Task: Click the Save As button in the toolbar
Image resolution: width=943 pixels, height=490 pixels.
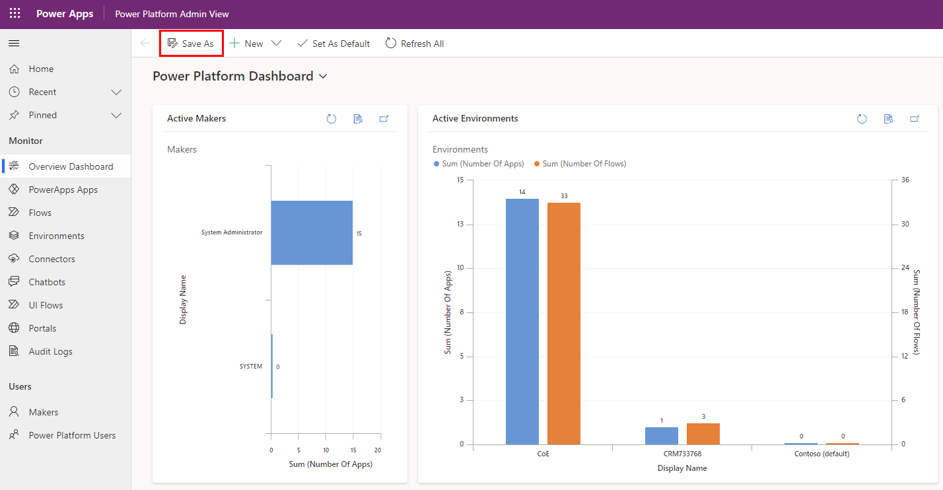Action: click(x=191, y=44)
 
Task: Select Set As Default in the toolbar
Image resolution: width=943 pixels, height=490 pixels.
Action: click(x=333, y=44)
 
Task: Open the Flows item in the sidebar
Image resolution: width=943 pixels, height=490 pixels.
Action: click(x=40, y=213)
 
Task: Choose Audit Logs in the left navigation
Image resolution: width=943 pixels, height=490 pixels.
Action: click(x=50, y=351)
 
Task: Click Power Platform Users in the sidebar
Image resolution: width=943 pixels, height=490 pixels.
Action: click(x=72, y=435)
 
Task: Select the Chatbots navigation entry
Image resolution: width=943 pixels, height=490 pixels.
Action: click(x=46, y=282)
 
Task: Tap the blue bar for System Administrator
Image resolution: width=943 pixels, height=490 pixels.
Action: click(x=312, y=232)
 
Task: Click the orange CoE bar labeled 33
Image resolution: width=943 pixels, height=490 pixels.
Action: click(x=563, y=323)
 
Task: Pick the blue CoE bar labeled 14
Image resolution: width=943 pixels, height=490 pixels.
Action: click(x=522, y=321)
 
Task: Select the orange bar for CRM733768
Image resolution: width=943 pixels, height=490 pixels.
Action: click(x=703, y=434)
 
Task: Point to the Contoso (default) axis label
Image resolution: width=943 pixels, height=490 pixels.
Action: click(x=821, y=454)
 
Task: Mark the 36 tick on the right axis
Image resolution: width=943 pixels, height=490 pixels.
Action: click(x=905, y=180)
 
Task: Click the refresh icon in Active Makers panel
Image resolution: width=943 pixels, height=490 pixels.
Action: click(x=332, y=119)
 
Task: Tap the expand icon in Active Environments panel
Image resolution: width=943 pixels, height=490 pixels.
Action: click(x=915, y=119)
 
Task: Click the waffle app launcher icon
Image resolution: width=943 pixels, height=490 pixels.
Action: click(x=15, y=14)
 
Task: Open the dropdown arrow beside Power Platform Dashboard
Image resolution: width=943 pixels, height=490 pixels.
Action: click(x=323, y=77)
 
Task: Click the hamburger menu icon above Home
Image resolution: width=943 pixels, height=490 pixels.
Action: click(x=14, y=44)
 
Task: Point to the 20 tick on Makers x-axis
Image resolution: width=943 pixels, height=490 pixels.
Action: click(x=378, y=450)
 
